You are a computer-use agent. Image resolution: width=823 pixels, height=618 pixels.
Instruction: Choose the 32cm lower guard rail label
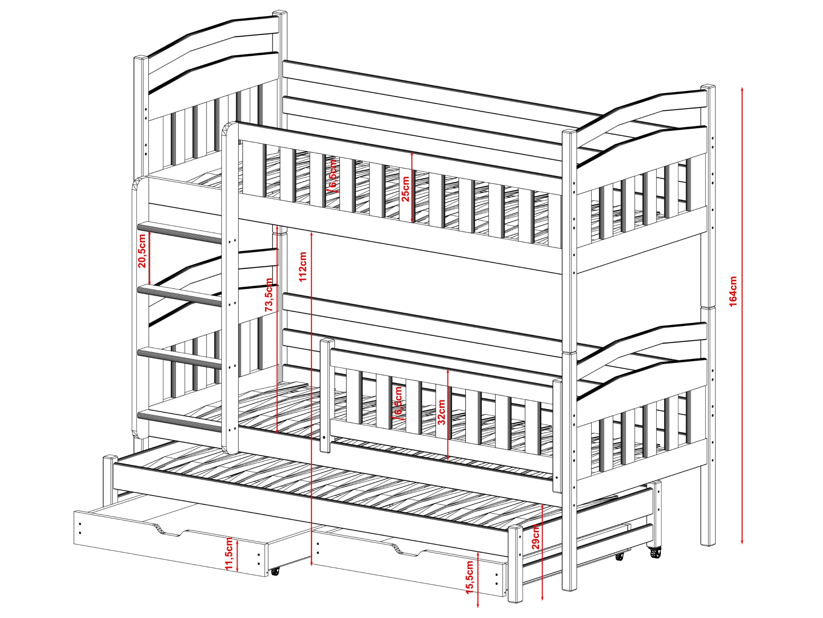pyautogui.click(x=441, y=412)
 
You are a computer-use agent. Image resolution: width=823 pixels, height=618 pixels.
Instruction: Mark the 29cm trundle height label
pyautogui.click(x=535, y=536)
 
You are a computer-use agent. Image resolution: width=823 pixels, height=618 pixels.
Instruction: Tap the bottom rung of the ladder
pyautogui.click(x=180, y=421)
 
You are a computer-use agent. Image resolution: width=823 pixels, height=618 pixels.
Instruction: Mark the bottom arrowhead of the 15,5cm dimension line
pyautogui.click(x=478, y=604)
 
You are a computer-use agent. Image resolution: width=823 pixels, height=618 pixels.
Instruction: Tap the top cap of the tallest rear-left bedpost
pyautogui.click(x=280, y=13)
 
